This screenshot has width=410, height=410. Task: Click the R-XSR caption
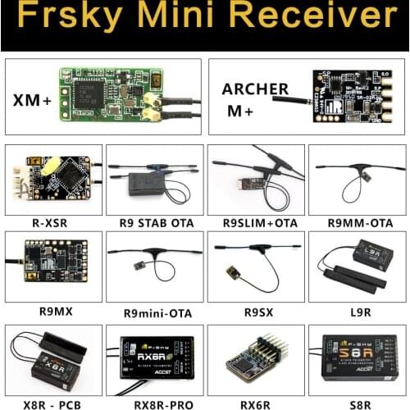[x=52, y=221]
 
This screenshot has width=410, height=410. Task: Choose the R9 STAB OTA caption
[x=153, y=221]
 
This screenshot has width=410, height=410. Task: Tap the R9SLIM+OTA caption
[x=255, y=221]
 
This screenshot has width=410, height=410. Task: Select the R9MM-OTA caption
[x=356, y=221]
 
